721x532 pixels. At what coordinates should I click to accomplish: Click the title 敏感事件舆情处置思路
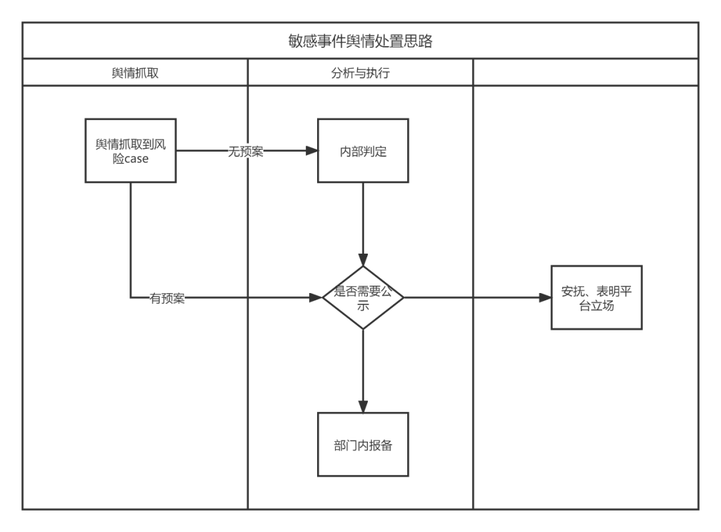pyautogui.click(x=360, y=41)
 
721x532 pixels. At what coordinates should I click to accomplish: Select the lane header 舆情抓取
pyautogui.click(x=135, y=73)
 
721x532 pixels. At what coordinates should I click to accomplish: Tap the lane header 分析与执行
pyautogui.click(x=360, y=73)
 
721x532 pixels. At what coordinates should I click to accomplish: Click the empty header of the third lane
pyautogui.click(x=586, y=73)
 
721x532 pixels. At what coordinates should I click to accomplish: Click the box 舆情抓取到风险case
pyautogui.click(x=130, y=151)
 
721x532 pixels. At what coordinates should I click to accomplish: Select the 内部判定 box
pyautogui.click(x=363, y=151)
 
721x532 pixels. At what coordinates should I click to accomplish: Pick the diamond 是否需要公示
pyautogui.click(x=363, y=297)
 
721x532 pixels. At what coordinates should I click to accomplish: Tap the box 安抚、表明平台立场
pyautogui.click(x=596, y=297)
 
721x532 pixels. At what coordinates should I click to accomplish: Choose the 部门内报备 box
pyautogui.click(x=363, y=445)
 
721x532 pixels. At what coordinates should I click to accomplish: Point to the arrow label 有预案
pyautogui.click(x=168, y=298)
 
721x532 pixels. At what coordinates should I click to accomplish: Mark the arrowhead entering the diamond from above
pyautogui.click(x=363, y=260)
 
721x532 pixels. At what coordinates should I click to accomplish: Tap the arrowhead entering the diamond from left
pyautogui.click(x=316, y=298)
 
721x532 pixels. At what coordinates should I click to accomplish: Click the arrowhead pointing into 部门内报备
pyautogui.click(x=363, y=407)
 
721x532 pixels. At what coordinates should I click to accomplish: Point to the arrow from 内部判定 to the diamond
pyautogui.click(x=363, y=220)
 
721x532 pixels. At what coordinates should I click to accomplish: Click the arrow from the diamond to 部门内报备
pyautogui.click(x=363, y=367)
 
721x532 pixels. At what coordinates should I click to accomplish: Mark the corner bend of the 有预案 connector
pyautogui.click(x=130, y=298)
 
